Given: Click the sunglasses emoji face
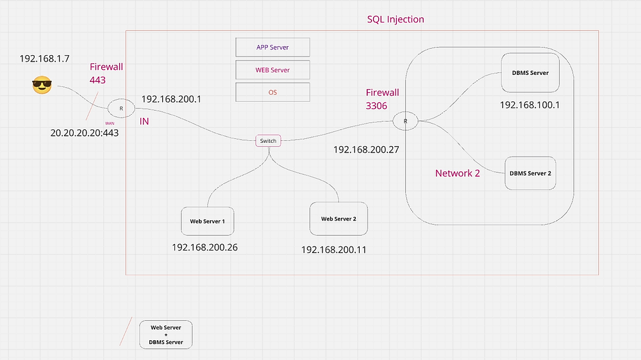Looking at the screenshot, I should pyautogui.click(x=42, y=85).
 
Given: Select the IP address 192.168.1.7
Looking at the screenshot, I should pyautogui.click(x=47, y=58).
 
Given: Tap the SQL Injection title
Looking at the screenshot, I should pyautogui.click(x=395, y=19).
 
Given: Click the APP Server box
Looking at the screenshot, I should pyautogui.click(x=273, y=47).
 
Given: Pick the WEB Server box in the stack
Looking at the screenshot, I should pyautogui.click(x=273, y=70).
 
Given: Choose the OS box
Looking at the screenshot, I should pyautogui.click(x=273, y=92).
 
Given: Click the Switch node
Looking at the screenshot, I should pyautogui.click(x=268, y=141).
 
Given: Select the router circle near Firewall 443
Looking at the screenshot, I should pyautogui.click(x=121, y=109).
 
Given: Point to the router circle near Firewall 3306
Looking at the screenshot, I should pyautogui.click(x=405, y=120).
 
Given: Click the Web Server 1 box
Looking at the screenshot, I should pyautogui.click(x=207, y=222).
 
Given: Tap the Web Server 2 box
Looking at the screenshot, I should pyautogui.click(x=338, y=219).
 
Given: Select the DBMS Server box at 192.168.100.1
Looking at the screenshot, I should pyautogui.click(x=530, y=73).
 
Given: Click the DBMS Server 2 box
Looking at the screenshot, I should pyautogui.click(x=530, y=173).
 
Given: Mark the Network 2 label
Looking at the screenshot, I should pyautogui.click(x=458, y=173).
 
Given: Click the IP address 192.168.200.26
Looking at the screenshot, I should pyautogui.click(x=204, y=247).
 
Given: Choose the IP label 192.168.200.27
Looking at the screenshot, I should pyautogui.click(x=366, y=149).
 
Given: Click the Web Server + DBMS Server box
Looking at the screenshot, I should pyautogui.click(x=166, y=334).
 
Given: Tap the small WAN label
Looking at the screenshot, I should pyautogui.click(x=109, y=122).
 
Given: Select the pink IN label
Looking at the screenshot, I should pyautogui.click(x=144, y=121).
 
